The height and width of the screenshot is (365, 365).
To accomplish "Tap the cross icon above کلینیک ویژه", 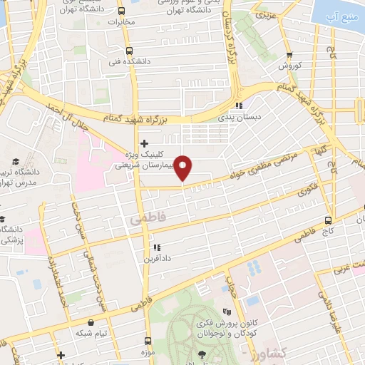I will point(144,143).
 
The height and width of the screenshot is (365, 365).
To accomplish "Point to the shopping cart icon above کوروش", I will point(289,55).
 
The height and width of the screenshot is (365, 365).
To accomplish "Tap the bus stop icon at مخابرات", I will point(120,11).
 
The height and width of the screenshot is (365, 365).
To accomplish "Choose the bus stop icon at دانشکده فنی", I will point(129,51).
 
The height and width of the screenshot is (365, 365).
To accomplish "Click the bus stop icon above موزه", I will point(148,341).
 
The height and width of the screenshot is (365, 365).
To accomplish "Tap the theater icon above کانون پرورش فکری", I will point(227,312).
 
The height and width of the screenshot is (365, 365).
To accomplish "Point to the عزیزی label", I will point(263,14).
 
